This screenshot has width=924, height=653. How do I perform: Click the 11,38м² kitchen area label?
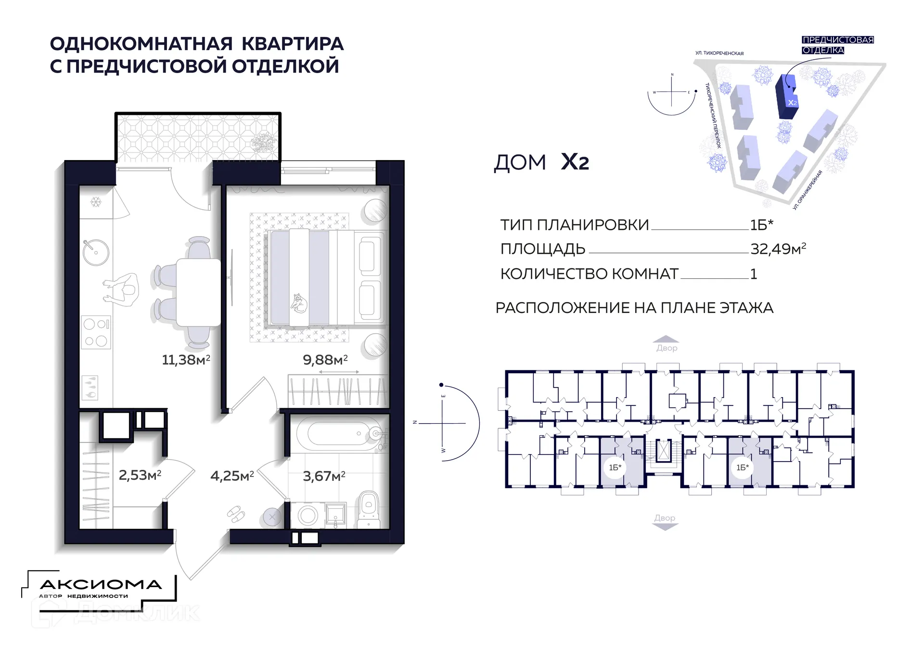[x=186, y=360]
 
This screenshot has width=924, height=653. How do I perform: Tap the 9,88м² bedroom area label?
[x=325, y=360]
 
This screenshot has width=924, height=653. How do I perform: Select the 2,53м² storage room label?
[x=140, y=476]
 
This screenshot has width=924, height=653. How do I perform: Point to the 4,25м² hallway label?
[x=232, y=476]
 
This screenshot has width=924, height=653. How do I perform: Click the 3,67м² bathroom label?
[x=324, y=476]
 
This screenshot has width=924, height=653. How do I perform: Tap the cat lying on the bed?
[x=299, y=303]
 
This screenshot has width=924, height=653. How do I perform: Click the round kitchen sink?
[x=96, y=252]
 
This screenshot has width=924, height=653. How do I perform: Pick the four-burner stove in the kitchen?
[x=96, y=332]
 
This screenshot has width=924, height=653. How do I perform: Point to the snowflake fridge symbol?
[x=96, y=202]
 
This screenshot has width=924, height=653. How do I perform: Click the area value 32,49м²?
[x=778, y=249]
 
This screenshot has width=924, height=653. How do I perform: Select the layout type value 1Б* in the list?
[x=761, y=225]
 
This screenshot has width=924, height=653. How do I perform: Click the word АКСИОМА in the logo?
[x=101, y=585]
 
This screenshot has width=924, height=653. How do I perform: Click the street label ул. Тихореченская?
[x=719, y=53]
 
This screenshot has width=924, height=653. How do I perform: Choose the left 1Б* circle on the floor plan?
[x=615, y=467]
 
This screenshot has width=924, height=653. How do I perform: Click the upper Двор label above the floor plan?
[x=667, y=348]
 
